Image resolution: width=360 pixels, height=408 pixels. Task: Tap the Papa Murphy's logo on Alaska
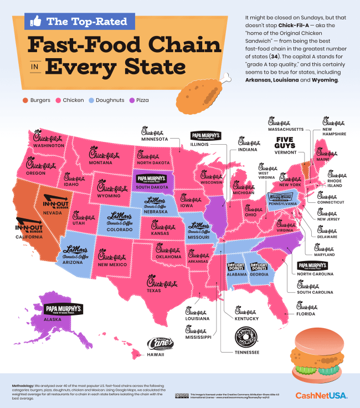pyautogui.click(x=63, y=309)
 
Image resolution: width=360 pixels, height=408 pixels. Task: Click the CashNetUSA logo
pyautogui.click(x=321, y=395)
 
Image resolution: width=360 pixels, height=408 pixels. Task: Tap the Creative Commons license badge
pyautogui.click(x=180, y=395)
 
